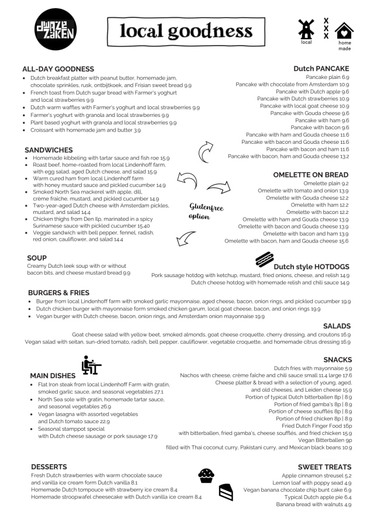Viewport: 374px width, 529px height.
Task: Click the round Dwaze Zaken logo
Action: click(56, 30)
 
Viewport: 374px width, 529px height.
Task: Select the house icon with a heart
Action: click(344, 30)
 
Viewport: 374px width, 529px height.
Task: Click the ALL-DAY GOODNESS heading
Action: click(58, 69)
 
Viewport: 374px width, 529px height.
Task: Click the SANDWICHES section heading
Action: click(49, 150)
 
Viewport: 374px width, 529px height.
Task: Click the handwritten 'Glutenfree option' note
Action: click(206, 211)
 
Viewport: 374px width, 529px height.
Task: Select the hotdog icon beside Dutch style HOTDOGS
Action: click(264, 259)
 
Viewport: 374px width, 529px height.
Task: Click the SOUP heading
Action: click(37, 258)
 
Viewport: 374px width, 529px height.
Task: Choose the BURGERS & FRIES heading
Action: click(58, 292)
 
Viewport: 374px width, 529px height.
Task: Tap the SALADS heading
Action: click(337, 326)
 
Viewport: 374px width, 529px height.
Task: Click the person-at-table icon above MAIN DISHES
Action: click(91, 365)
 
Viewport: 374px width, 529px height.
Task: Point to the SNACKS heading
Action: click(337, 359)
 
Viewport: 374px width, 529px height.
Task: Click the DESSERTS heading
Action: click(49, 467)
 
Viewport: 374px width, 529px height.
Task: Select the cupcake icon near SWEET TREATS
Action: click(206, 475)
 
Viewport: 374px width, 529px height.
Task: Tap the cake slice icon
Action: click(226, 492)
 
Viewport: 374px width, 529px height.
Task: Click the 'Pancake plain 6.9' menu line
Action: click(327, 77)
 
